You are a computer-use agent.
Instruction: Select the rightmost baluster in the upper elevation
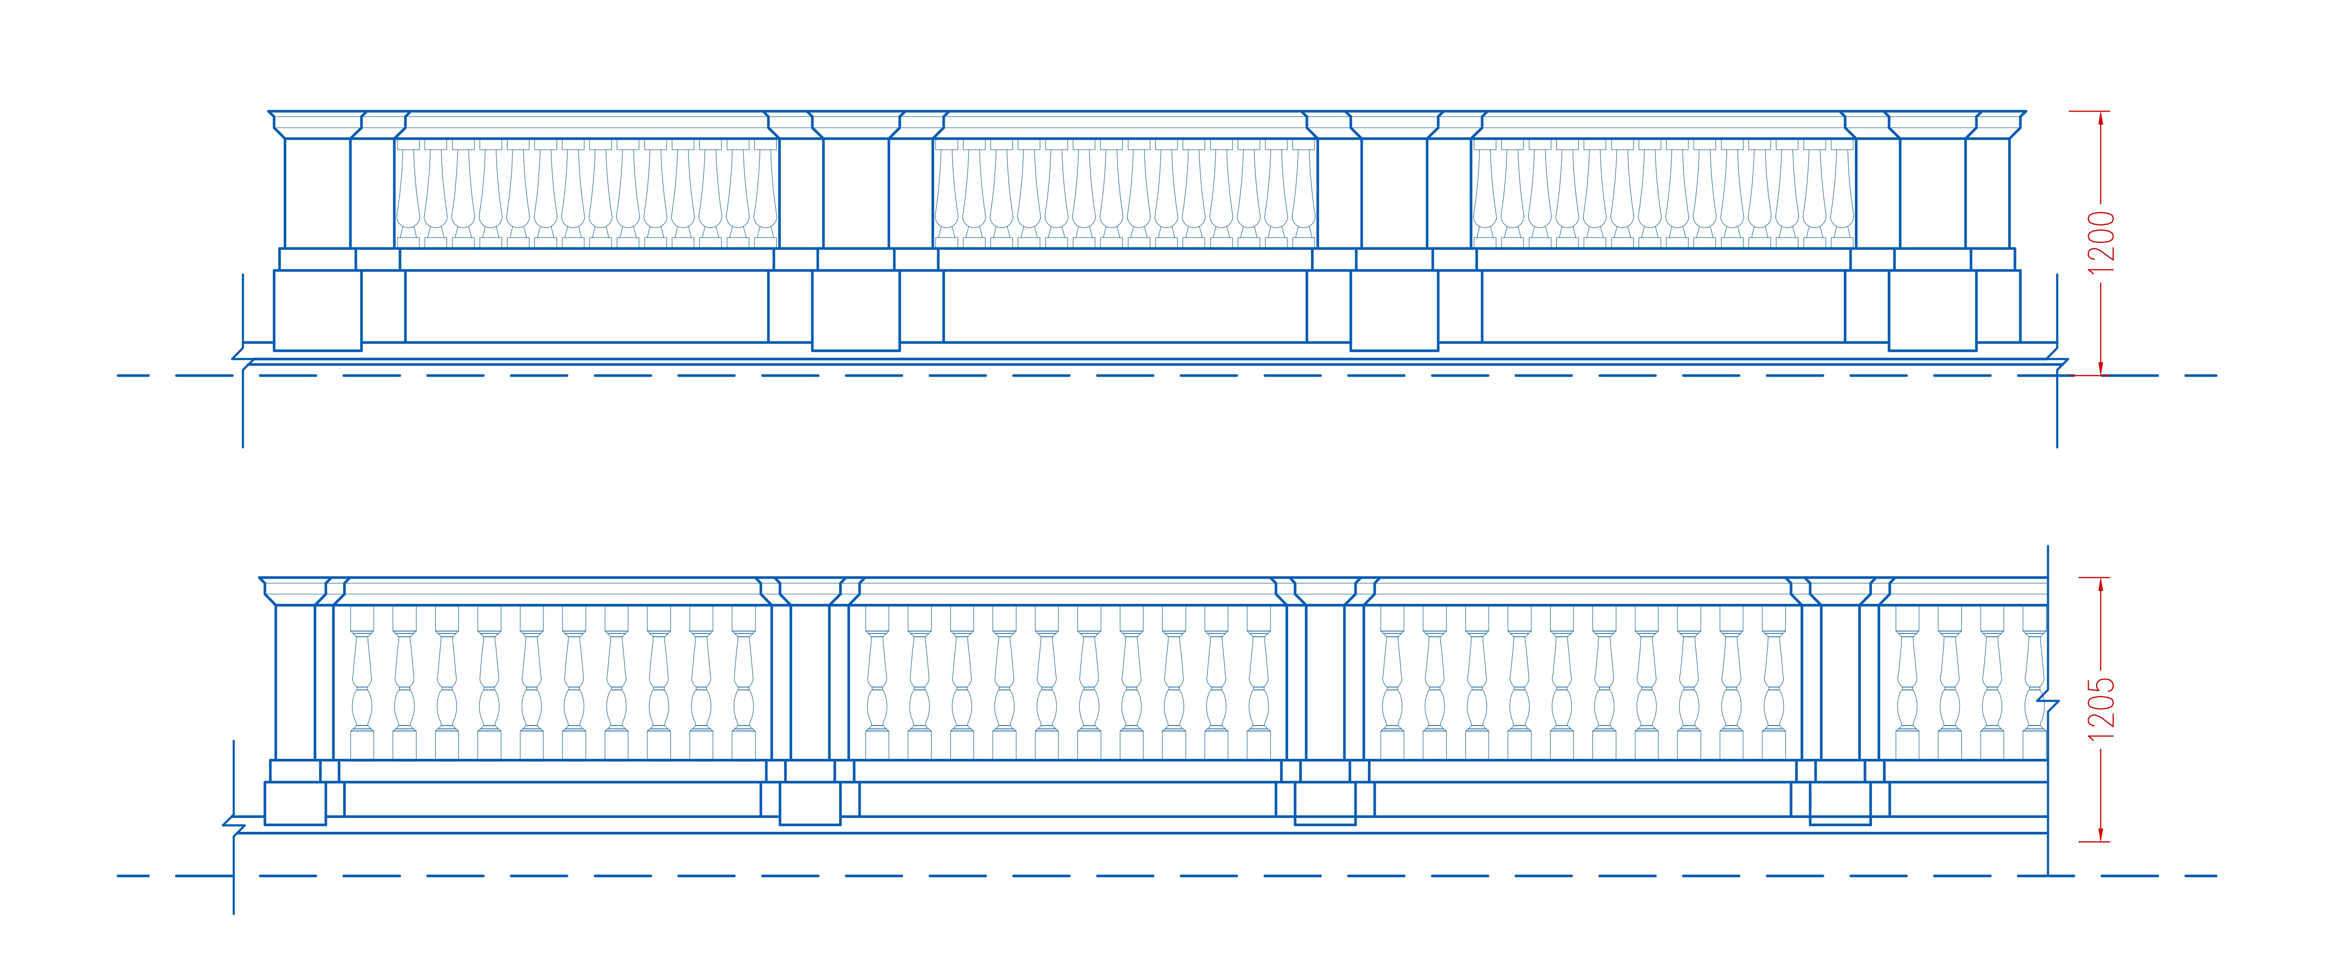[x=1842, y=193]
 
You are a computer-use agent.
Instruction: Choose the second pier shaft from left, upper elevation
[x=855, y=193]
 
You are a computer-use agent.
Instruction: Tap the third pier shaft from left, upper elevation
[x=1394, y=193]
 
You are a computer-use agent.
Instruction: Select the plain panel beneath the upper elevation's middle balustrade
[x=1125, y=306]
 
